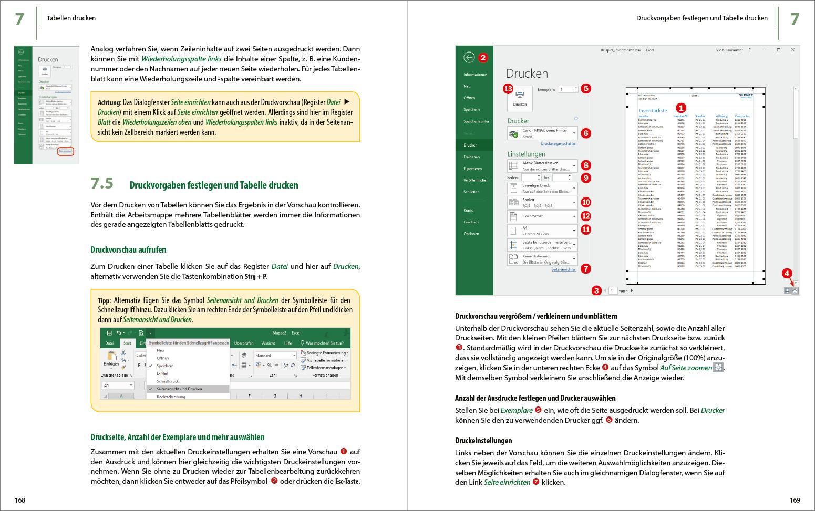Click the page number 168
point(19,500)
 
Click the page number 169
point(795,500)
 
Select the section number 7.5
point(102,183)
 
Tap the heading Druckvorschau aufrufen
point(128,249)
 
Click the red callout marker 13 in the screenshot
point(508,89)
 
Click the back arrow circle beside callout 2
point(469,58)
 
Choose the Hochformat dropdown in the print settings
point(542,216)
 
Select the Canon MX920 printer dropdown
point(542,133)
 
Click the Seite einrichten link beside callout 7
point(563,269)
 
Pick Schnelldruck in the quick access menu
point(168,381)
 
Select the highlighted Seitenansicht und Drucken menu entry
point(179,389)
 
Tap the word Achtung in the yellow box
point(109,102)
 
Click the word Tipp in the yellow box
point(104,301)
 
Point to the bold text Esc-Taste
point(347,482)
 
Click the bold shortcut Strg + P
point(255,276)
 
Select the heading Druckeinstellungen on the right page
point(483,441)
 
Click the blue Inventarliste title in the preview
point(653,111)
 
